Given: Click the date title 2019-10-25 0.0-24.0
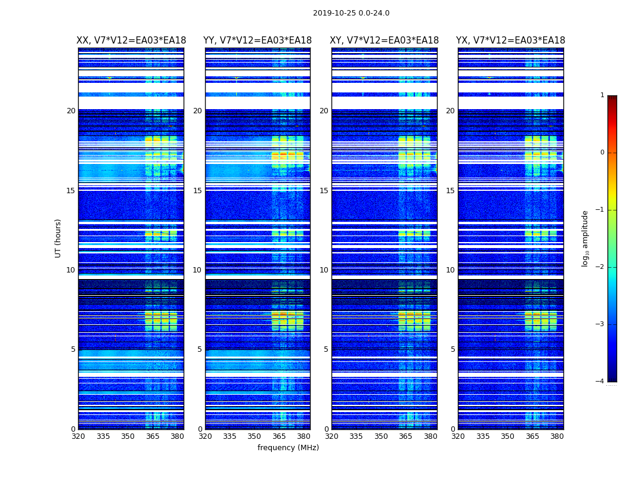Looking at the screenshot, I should (x=351, y=13).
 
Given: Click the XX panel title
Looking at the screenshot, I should (x=131, y=41).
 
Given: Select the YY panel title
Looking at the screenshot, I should (x=258, y=41).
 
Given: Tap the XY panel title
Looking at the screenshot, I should (x=385, y=41).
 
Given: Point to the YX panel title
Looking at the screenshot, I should (x=511, y=41).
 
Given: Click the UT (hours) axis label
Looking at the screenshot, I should (x=58, y=238).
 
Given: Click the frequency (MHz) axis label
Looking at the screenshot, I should (x=288, y=448).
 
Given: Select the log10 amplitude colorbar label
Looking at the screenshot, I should (x=585, y=238).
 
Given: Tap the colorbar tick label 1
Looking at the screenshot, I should (x=602, y=95).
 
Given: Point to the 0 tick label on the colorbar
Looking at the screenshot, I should (x=602, y=153).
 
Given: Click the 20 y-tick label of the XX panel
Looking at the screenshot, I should (x=71, y=111).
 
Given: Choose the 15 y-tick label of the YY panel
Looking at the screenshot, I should (x=197, y=191).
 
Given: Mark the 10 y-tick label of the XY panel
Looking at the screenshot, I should (x=324, y=270).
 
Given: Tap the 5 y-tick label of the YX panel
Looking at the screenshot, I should (x=453, y=349).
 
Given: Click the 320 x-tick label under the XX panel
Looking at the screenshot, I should (x=78, y=436).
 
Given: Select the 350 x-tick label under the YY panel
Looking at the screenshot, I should (x=255, y=436).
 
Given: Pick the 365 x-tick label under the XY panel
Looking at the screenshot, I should (x=405, y=436).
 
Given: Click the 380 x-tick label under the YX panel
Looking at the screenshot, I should (x=557, y=436).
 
